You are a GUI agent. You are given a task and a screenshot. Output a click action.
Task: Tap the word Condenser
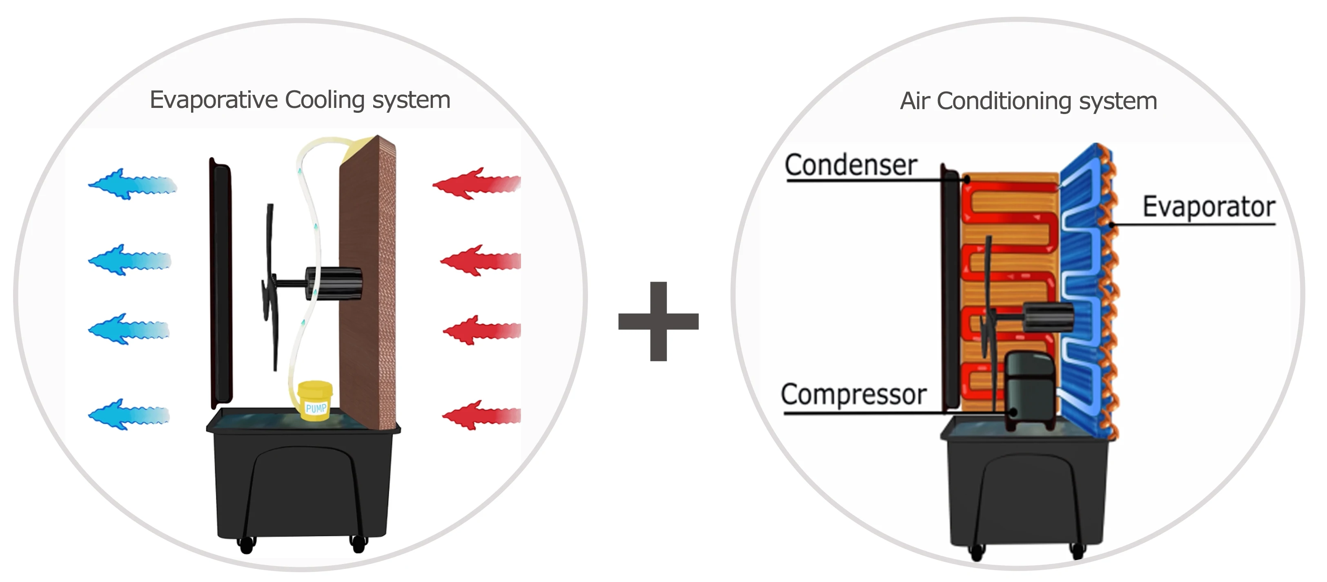851,166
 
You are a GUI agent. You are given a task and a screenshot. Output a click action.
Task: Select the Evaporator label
1209,207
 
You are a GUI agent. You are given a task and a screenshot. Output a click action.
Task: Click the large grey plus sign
658,321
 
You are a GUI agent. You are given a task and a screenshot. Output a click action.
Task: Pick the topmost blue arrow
132,184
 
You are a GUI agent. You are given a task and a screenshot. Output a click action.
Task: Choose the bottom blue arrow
129,414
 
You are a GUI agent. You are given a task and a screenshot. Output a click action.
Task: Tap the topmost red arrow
476,184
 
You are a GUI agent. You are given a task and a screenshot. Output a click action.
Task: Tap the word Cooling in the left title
325,100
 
